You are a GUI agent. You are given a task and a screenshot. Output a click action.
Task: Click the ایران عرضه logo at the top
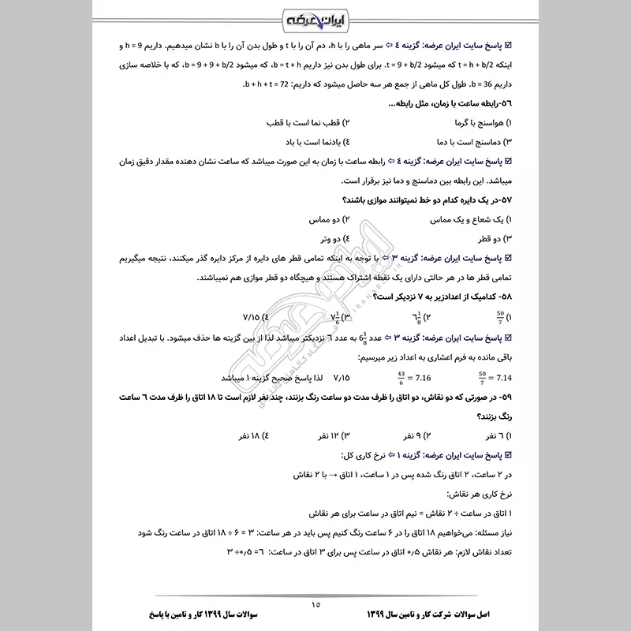315,16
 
